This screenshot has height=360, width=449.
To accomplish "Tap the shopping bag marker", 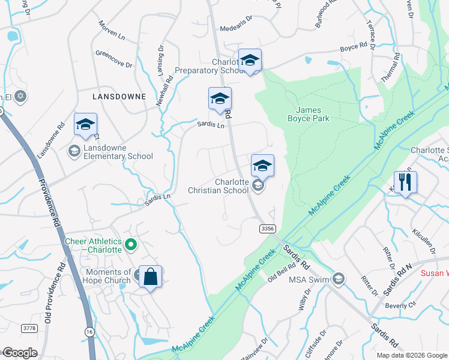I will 150,278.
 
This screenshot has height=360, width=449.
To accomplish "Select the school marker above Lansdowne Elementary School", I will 85,125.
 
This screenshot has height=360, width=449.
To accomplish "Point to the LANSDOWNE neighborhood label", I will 119,96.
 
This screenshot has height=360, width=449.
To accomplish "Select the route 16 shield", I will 89,331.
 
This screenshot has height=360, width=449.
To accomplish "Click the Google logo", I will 19,353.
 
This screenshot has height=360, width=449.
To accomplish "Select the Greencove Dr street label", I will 113,59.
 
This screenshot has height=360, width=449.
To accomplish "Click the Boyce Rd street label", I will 353,47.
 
